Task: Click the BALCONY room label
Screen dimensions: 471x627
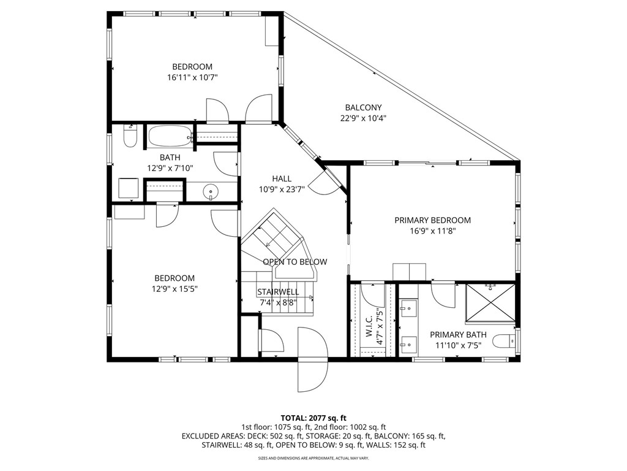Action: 363,107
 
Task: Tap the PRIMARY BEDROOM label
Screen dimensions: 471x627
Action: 432,220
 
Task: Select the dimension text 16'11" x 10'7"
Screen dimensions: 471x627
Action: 192,77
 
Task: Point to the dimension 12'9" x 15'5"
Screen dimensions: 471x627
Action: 175,289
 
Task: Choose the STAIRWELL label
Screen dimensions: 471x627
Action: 278,292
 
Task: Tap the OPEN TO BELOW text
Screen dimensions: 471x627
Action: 295,262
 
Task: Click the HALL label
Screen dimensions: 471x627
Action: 282,178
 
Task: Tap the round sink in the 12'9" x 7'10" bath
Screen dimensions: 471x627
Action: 211,193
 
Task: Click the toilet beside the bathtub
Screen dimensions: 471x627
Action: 129,137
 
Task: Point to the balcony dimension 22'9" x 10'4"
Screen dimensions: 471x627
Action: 363,118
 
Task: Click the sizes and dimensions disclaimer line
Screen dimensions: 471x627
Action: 313,458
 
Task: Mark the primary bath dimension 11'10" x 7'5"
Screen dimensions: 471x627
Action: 458,345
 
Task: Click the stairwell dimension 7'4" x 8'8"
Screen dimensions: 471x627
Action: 278,302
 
